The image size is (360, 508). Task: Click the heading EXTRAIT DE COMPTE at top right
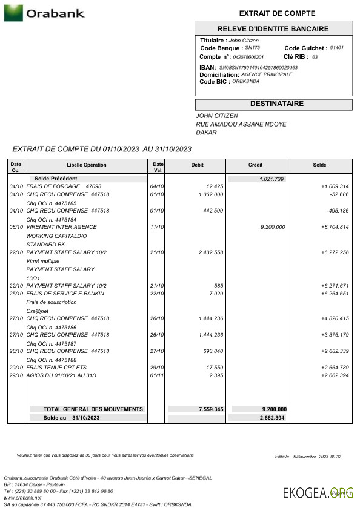[273, 13]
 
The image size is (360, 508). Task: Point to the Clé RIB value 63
[315, 57]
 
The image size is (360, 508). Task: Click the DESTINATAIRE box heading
[273, 104]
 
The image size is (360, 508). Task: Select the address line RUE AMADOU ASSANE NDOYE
[241, 124]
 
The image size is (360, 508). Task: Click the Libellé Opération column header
[86, 165]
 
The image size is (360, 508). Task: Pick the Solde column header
[319, 165]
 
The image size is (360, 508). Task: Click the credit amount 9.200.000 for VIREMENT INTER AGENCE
[272, 227]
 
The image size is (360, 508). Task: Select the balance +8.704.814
[335, 227]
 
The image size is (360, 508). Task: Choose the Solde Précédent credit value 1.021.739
[271, 179]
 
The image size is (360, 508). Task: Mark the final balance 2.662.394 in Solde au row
[273, 418]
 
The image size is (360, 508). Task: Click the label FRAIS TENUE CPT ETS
[56, 368]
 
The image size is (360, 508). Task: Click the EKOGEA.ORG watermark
[318, 492]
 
